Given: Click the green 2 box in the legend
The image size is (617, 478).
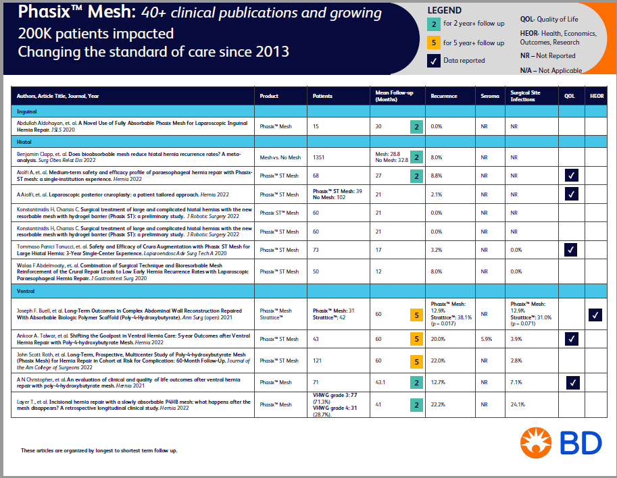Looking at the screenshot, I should coord(433,24).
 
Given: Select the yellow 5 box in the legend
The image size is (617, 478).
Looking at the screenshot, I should coord(433,43).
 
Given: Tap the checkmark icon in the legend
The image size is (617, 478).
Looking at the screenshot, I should coord(433,61).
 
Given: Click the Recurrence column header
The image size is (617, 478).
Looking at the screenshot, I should coord(444,96).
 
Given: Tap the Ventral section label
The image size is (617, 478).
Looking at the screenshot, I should coord(26,290).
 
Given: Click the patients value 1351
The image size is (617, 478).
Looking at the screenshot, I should coord(320,157).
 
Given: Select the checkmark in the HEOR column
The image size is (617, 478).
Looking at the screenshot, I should coord(595,314).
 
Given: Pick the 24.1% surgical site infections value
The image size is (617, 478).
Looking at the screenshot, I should coord(519,404).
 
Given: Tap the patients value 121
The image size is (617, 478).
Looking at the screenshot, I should coord(318,361).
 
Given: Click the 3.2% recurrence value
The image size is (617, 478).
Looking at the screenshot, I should coord(437,250).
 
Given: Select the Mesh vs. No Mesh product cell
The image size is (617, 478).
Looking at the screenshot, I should coord(280,157).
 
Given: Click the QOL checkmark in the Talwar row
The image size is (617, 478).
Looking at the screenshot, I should coord(572,339).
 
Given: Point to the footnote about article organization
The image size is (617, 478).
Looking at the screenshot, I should coord(99,450).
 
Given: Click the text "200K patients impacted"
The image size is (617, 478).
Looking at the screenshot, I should coord(96,33).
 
